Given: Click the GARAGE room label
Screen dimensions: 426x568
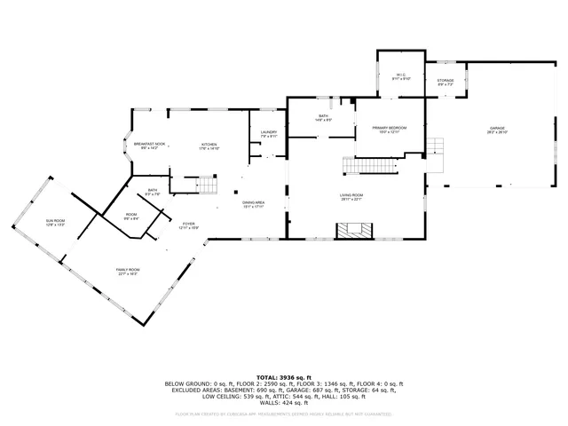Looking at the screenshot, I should [x=497, y=130].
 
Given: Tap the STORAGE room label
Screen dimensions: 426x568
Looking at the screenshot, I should [x=446, y=82].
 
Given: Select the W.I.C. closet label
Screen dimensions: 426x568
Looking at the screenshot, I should [x=398, y=76].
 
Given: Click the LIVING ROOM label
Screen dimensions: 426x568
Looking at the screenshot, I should [x=352, y=196].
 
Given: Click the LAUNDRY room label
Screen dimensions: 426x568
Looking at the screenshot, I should [x=269, y=134].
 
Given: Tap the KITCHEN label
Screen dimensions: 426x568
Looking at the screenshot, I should [x=209, y=146].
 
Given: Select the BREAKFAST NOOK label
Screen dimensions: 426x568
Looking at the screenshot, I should [x=149, y=146].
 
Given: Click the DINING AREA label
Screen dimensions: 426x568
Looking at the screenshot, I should [x=255, y=205].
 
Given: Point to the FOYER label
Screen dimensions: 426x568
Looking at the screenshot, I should [x=189, y=225].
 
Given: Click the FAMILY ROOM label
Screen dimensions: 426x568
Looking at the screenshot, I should [x=128, y=271].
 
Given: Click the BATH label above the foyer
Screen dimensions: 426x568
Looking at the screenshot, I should [x=153, y=191].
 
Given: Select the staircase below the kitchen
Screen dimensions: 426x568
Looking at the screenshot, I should [x=206, y=185].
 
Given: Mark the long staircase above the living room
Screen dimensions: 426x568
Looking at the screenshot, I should [x=368, y=165].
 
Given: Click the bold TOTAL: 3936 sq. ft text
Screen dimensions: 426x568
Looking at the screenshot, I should [x=283, y=377].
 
